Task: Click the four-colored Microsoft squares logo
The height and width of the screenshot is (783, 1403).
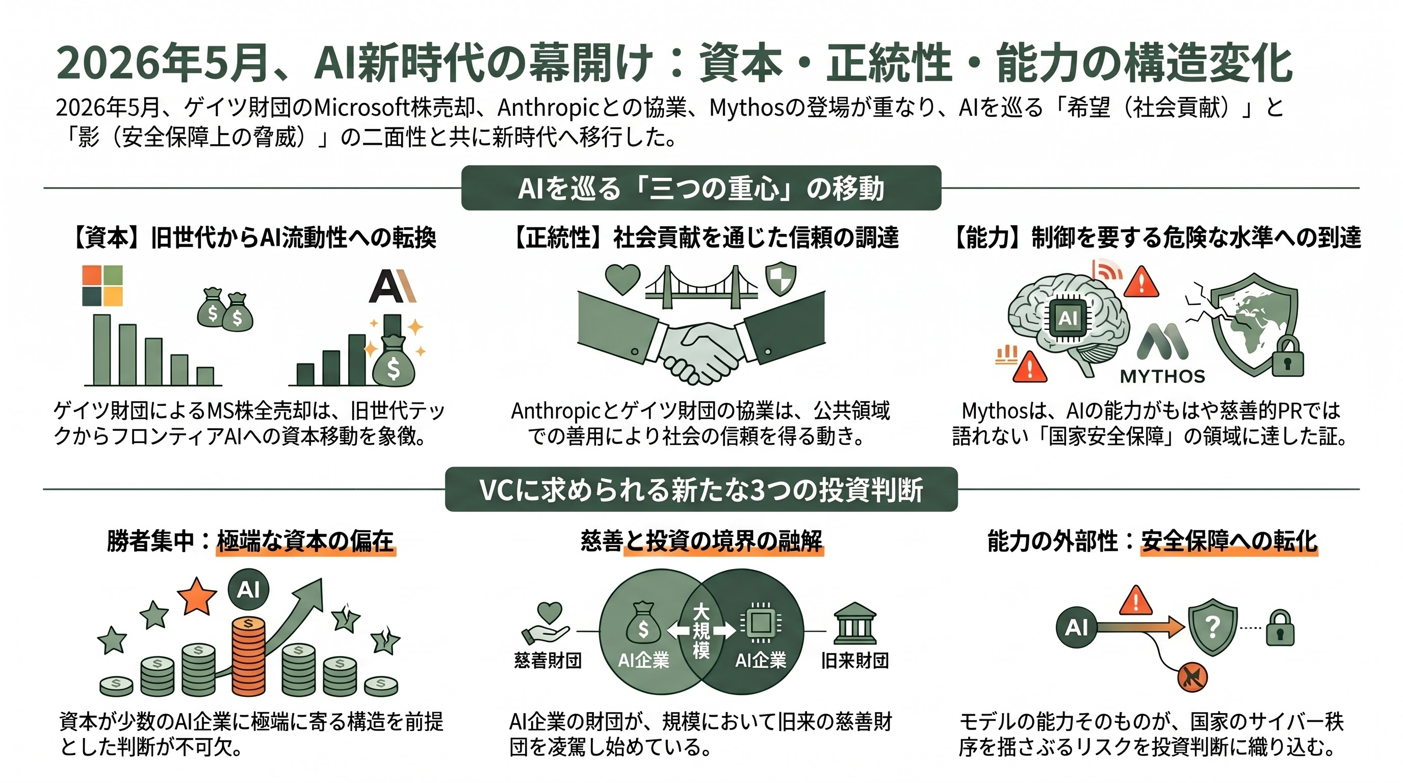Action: click(x=102, y=285)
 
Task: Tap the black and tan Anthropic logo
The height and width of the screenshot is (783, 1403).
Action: click(x=392, y=286)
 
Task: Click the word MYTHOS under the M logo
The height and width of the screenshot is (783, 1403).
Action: click(x=1162, y=376)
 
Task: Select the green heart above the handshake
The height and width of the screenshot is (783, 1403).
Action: click(x=623, y=279)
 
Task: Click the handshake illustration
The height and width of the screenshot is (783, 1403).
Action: click(x=701, y=337)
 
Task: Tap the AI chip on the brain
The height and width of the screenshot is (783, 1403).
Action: click(x=1068, y=318)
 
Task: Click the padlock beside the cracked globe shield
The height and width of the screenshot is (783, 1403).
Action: click(x=1288, y=357)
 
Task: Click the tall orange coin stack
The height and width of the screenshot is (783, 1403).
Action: click(x=248, y=656)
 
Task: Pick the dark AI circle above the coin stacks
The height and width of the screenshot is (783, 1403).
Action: click(x=248, y=589)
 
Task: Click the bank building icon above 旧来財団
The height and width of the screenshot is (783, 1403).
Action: click(x=854, y=624)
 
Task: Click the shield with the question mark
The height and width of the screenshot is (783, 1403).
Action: click(x=1213, y=628)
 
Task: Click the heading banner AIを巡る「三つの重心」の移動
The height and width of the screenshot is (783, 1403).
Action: click(x=701, y=188)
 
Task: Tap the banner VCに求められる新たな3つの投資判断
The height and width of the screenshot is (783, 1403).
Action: click(x=701, y=489)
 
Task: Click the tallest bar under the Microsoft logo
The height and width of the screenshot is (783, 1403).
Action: click(x=102, y=350)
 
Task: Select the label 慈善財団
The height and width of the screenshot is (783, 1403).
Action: click(x=548, y=661)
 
